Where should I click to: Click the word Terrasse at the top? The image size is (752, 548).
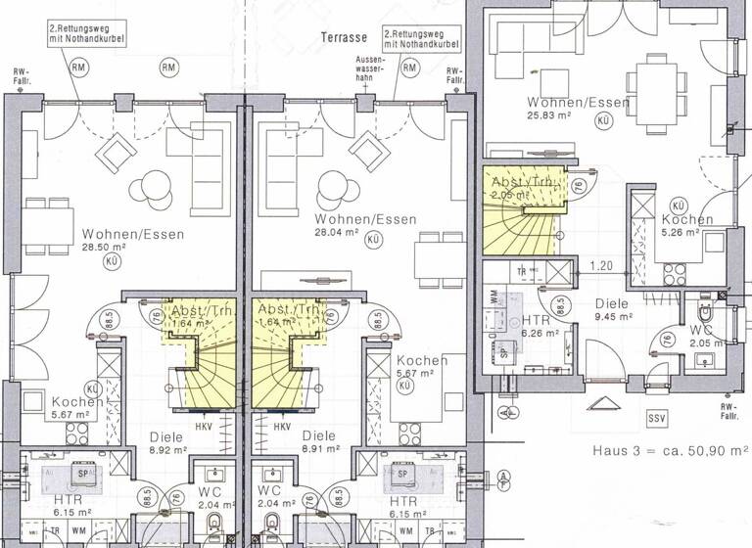(343, 37)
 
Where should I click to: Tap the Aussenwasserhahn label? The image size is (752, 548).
(371, 71)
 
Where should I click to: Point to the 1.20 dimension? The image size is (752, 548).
(601, 265)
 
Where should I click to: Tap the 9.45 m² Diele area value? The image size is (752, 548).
(614, 317)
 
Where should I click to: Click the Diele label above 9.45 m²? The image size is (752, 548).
(614, 303)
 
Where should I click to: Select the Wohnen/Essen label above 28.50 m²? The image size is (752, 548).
(122, 235)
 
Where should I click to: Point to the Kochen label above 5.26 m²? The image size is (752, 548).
(686, 220)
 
